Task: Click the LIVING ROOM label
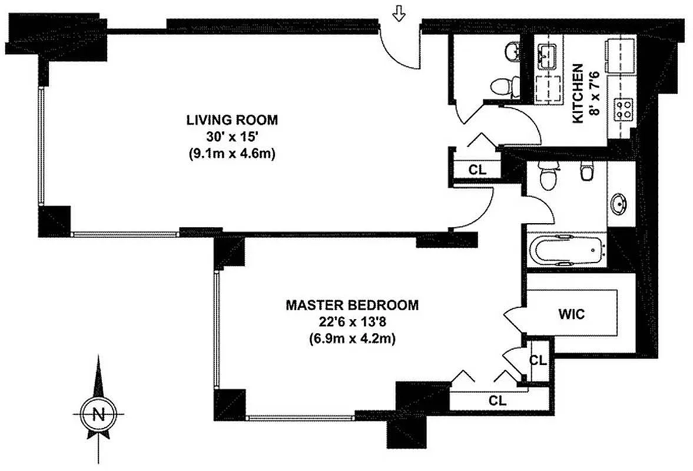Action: (231, 120)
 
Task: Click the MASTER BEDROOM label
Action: (352, 305)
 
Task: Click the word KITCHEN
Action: (578, 94)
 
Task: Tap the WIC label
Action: (572, 314)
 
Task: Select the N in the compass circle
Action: (98, 414)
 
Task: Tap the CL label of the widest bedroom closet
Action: (498, 400)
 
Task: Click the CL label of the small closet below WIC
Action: (537, 360)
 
